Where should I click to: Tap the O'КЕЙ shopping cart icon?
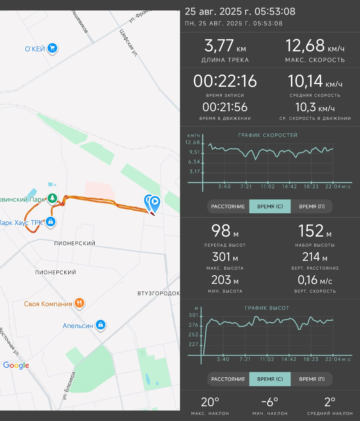click(52, 48)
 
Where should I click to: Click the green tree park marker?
click(52, 198)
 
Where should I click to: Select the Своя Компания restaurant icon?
click(79, 303)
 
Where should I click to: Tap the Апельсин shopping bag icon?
click(101, 325)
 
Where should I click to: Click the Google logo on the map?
click(16, 366)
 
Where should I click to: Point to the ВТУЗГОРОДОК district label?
click(158, 293)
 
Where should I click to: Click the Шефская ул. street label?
click(129, 43)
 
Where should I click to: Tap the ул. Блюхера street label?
click(69, 386)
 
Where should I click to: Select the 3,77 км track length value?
click(225, 46)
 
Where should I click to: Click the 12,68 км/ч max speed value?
click(315, 46)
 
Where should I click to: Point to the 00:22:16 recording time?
click(225, 81)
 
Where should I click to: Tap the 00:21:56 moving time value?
click(225, 107)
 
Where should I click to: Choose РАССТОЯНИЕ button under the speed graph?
click(228, 206)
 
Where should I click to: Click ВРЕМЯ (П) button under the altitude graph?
click(312, 379)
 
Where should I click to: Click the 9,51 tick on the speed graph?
click(194, 152)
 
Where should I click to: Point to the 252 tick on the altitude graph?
click(193, 335)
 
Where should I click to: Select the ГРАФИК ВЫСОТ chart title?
click(267, 308)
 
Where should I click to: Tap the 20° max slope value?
click(210, 402)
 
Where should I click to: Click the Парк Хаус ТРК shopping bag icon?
click(50, 222)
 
